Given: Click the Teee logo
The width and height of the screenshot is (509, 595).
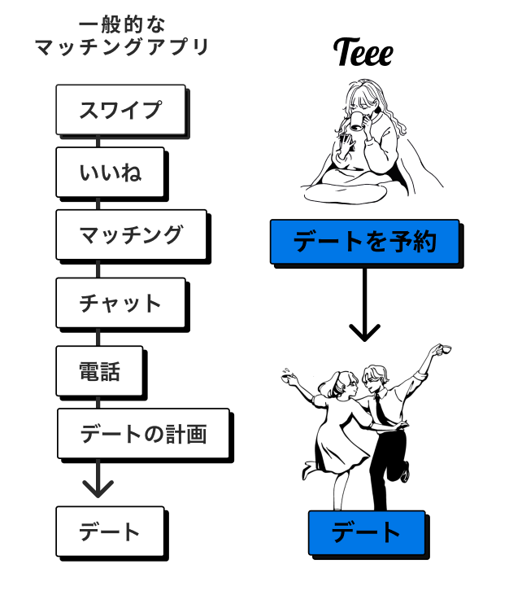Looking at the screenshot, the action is click(363, 53).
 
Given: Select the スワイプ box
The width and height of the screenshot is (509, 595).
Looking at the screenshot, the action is click(120, 109).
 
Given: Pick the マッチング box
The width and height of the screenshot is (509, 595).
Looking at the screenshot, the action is click(130, 234).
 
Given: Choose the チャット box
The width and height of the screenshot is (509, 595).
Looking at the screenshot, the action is click(120, 303).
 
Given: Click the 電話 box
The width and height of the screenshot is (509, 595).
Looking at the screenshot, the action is click(99, 370).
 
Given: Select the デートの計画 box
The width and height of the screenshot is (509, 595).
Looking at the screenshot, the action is click(142, 433).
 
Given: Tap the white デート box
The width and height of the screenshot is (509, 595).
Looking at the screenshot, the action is click(109, 532).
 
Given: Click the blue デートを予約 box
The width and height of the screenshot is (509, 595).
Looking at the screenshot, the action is click(364, 241).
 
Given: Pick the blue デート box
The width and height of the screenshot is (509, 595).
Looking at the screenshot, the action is click(366, 532).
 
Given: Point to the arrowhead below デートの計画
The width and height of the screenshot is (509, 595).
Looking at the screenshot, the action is click(98, 488).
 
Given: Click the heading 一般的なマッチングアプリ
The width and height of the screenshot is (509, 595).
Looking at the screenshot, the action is click(122, 37).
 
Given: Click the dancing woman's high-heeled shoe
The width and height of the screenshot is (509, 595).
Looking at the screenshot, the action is click(308, 471).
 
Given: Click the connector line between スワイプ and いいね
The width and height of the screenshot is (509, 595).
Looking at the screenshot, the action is click(98, 141).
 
